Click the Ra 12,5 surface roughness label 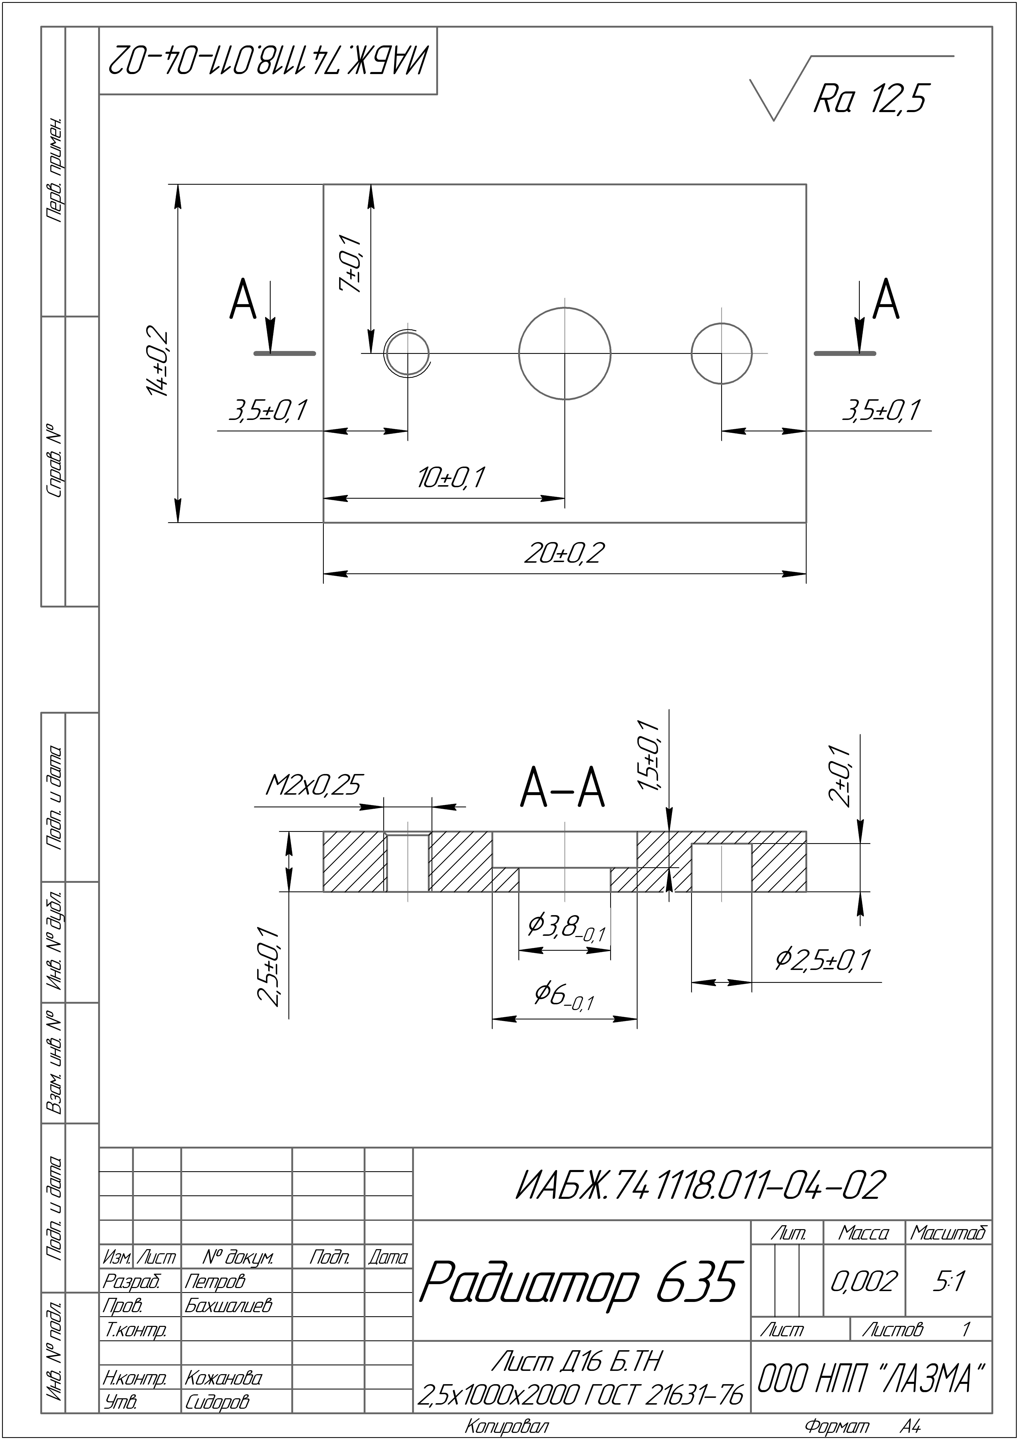click(x=869, y=99)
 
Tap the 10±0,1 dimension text click(x=451, y=478)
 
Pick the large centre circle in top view click(x=564, y=353)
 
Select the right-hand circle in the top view click(x=722, y=353)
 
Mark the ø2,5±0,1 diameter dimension click(x=822, y=960)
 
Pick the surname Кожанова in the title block click(x=223, y=1378)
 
